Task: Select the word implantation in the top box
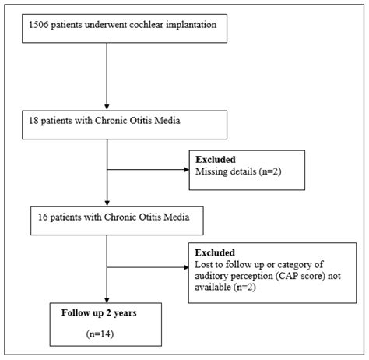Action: coord(199,29)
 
